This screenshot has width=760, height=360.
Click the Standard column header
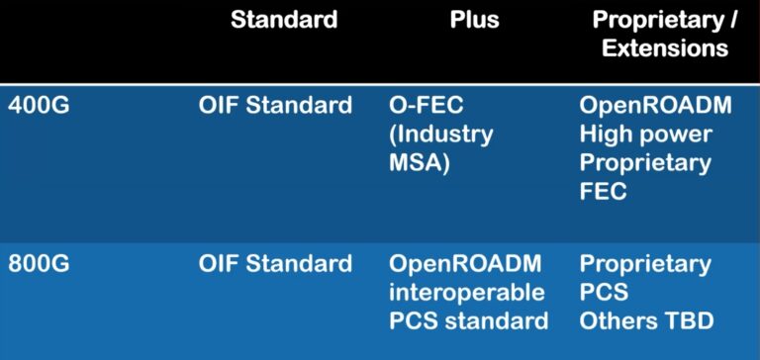tap(283, 20)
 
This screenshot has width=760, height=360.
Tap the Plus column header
tap(475, 20)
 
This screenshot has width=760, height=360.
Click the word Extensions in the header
tap(665, 48)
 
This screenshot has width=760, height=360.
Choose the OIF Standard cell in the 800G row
tap(275, 264)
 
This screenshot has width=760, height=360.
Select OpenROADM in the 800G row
tap(465, 264)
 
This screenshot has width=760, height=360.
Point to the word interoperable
tap(466, 293)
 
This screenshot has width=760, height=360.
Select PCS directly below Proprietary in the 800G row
tap(604, 293)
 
